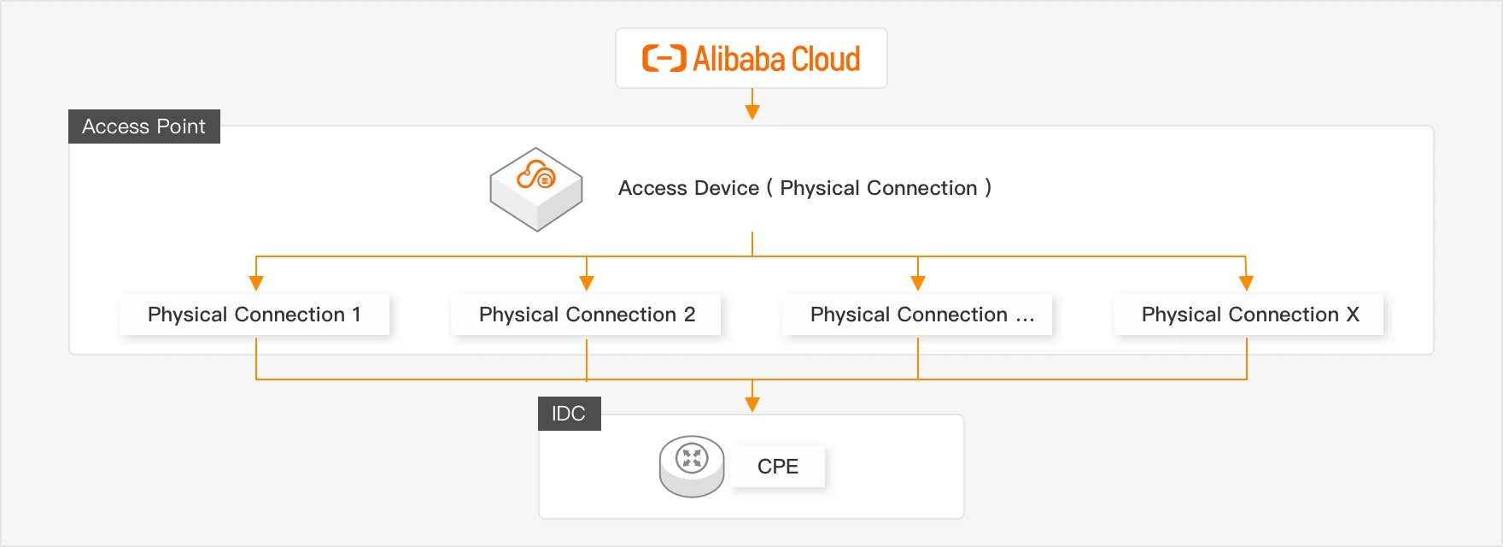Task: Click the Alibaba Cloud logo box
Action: pyautogui.click(x=751, y=58)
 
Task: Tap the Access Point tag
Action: pyautogui.click(x=143, y=126)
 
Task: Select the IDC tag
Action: pyautogui.click(x=569, y=414)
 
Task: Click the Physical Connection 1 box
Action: pyautogui.click(x=254, y=315)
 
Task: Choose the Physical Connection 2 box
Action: pyautogui.click(x=587, y=315)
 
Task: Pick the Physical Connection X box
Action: pyautogui.click(x=1249, y=315)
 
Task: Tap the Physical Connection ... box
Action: pyautogui.click(x=918, y=315)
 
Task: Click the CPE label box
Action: pyautogui.click(x=778, y=467)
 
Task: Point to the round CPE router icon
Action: pyautogui.click(x=692, y=466)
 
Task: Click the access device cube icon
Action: pyautogui.click(x=536, y=189)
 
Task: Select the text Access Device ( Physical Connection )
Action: pyautogui.click(x=804, y=188)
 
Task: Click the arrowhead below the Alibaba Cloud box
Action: pyautogui.click(x=752, y=111)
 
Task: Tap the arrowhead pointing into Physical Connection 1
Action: pyautogui.click(x=256, y=283)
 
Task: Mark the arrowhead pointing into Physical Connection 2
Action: pyautogui.click(x=587, y=283)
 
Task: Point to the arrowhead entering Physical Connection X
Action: pyautogui.click(x=1246, y=283)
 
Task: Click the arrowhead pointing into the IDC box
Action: pyautogui.click(x=752, y=404)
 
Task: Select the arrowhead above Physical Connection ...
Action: pyautogui.click(x=918, y=283)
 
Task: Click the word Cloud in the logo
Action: pyautogui.click(x=825, y=59)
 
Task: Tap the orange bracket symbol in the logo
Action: pyautogui.click(x=664, y=58)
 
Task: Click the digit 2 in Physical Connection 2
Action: pyautogui.click(x=689, y=315)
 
